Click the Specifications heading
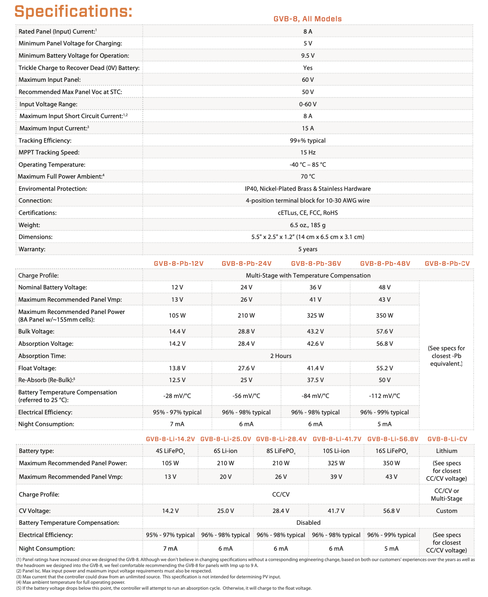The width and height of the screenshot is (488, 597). (x=73, y=11)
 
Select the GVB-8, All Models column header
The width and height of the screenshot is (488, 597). (x=307, y=19)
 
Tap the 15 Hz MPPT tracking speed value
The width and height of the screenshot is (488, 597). (x=308, y=152)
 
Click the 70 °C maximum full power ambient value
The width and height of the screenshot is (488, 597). (x=308, y=176)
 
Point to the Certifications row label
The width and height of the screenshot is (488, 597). (x=38, y=213)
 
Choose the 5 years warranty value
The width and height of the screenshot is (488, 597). (x=308, y=249)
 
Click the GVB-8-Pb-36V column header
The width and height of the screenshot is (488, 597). (x=316, y=264)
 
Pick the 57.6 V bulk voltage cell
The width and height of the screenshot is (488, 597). (x=384, y=331)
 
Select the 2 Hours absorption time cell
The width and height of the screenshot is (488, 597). (x=281, y=356)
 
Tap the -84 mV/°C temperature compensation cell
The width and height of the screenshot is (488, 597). (x=315, y=396)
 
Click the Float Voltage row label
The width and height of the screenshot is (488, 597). (x=37, y=368)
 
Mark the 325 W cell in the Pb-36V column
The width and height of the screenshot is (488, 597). (x=315, y=315)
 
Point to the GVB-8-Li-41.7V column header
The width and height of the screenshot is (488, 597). (x=337, y=439)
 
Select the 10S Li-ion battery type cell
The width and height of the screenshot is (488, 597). (x=336, y=451)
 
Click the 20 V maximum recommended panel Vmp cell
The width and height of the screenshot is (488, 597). (x=225, y=477)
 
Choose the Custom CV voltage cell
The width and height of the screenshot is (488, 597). (x=447, y=511)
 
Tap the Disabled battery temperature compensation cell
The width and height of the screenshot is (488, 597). (x=308, y=522)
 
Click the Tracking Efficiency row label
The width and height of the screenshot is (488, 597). (x=45, y=140)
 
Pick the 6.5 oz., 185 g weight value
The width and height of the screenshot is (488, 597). (x=308, y=225)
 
